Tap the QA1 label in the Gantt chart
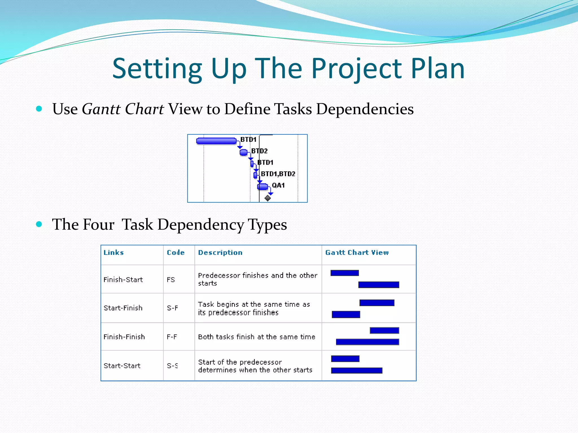click(278, 185)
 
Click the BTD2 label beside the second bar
click(259, 151)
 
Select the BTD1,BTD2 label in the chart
click(278, 174)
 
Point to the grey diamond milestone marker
click(268, 198)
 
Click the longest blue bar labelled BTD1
click(216, 141)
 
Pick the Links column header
click(113, 253)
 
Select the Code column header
click(176, 253)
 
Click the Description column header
click(220, 253)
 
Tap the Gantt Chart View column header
click(357, 253)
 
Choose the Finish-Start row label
click(123, 280)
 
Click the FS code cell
click(171, 280)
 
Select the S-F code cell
click(172, 308)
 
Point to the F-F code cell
click(172, 337)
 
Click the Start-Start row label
click(122, 366)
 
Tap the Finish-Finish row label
click(124, 337)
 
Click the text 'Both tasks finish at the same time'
click(257, 337)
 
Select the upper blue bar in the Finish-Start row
click(345, 273)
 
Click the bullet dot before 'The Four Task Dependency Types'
click(39, 224)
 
